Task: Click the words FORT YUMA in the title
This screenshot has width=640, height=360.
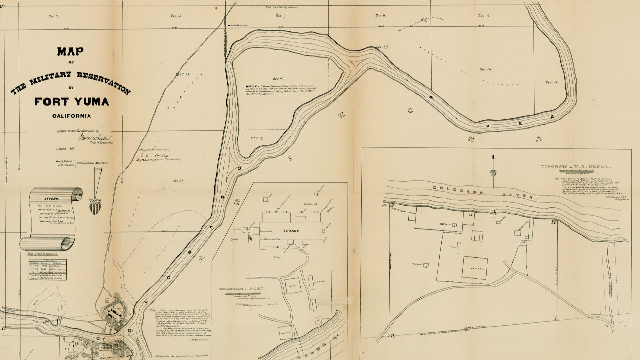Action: pos(71,101)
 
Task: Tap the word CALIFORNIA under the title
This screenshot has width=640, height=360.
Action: pos(71,116)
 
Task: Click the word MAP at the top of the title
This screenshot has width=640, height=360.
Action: pos(70,52)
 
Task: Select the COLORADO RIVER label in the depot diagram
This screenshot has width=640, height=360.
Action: pos(485,192)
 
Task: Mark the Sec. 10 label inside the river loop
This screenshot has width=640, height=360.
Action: pos(278,79)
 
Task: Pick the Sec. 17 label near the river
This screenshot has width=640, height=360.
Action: pos(382,47)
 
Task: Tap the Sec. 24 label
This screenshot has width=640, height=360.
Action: pos(179,181)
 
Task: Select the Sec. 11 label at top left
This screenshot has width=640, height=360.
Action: pos(53,16)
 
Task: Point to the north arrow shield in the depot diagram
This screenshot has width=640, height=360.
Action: pos(493,173)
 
